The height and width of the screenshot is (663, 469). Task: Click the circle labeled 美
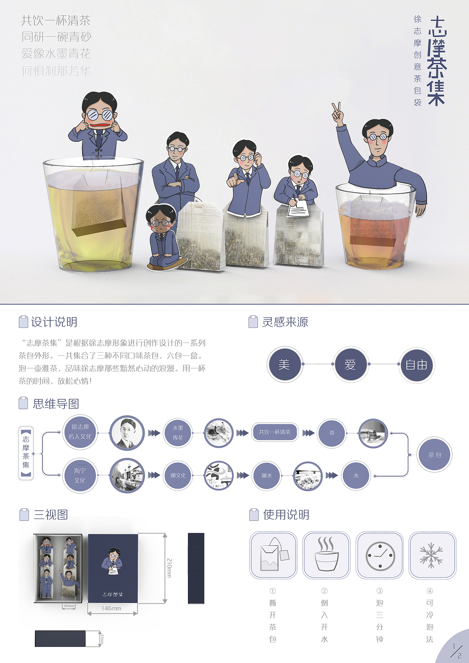coord(284,364)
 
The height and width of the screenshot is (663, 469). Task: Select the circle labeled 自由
coord(417,365)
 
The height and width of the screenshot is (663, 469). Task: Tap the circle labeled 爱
coord(350,364)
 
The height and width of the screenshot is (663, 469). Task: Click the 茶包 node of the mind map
coord(435,455)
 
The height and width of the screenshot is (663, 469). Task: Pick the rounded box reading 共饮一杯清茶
coord(274,432)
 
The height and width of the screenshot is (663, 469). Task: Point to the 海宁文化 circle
coord(80,475)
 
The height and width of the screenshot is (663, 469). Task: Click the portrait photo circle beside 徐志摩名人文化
coord(127,433)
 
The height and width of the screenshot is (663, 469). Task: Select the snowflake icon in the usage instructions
coord(432,555)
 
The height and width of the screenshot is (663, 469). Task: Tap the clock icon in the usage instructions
coord(380,555)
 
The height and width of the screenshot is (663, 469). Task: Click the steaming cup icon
coord(326,555)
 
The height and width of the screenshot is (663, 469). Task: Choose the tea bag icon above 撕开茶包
coord(273,555)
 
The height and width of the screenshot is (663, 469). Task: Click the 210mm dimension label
coord(169,568)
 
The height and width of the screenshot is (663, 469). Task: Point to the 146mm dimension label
coord(112,608)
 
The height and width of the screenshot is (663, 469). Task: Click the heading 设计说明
coord(54,322)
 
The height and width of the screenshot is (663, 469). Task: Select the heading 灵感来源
coord(285,322)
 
